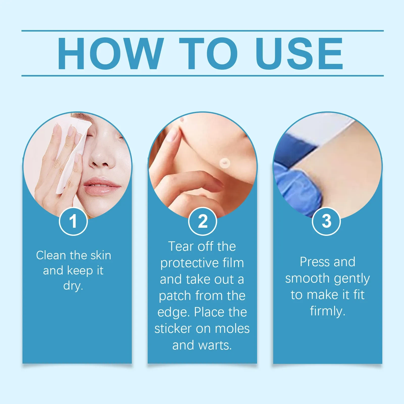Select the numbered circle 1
click(x=73, y=221)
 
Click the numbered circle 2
click(x=203, y=221)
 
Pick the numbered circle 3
click(x=326, y=221)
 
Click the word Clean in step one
click(x=51, y=255)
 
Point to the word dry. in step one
click(x=73, y=286)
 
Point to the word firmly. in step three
click(x=327, y=311)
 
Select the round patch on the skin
click(x=224, y=163)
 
